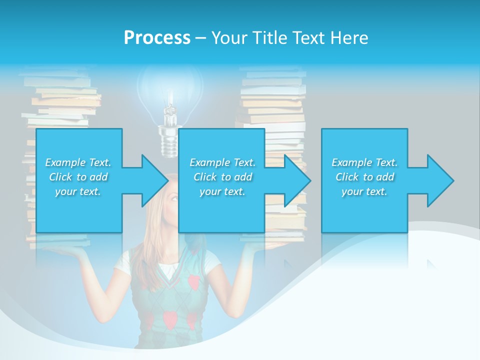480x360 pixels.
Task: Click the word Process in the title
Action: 157,37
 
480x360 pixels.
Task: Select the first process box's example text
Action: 78,177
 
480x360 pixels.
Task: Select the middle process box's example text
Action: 222,177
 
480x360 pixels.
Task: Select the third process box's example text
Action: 364,177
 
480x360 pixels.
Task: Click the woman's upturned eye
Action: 173,197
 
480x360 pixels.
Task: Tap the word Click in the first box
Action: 60,177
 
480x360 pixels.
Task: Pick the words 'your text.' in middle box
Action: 222,192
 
